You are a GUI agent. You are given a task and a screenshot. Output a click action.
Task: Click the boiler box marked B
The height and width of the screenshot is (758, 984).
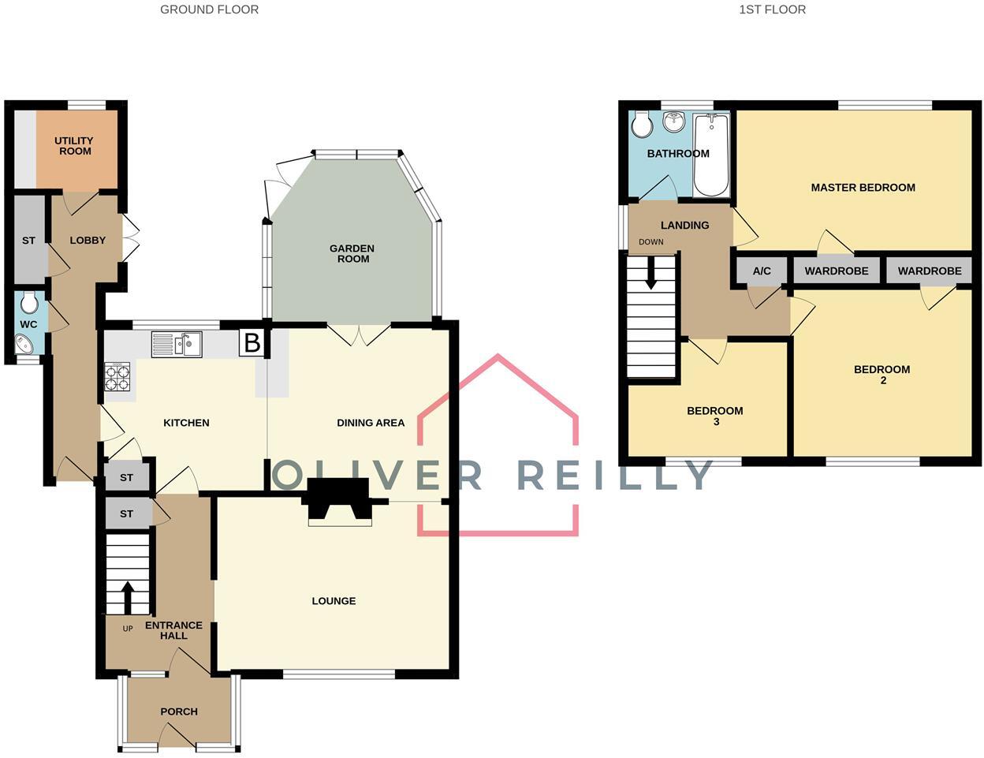[252, 342]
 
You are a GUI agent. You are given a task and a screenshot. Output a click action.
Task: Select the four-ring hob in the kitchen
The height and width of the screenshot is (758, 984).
[117, 376]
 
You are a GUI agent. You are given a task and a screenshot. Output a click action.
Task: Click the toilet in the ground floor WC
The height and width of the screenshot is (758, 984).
[30, 302]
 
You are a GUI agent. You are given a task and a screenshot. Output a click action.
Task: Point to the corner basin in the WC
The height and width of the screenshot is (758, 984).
[25, 344]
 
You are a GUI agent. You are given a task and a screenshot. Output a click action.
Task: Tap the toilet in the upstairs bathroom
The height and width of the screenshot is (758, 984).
[642, 124]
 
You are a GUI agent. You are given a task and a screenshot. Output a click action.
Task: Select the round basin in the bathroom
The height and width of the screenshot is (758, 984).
[674, 122]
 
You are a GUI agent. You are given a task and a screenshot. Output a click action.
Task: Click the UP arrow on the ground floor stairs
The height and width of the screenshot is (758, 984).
[127, 597]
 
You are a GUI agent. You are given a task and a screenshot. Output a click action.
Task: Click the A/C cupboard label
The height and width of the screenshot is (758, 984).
[762, 271]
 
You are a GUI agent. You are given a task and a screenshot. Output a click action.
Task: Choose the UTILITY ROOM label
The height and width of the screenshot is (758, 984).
[74, 146]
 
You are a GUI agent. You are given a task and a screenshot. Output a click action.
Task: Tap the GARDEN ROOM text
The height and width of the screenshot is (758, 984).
[352, 253]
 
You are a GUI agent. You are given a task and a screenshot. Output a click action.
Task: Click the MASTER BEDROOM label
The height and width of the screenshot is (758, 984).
[863, 188]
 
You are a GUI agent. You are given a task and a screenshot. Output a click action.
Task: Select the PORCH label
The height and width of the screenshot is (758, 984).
[179, 711]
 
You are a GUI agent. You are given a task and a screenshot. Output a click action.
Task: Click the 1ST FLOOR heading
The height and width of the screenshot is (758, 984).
[772, 10]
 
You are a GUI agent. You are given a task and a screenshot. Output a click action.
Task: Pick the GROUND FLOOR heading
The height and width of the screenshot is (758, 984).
[209, 10]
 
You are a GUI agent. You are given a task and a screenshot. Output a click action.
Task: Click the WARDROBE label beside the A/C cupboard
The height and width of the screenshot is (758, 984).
[836, 271]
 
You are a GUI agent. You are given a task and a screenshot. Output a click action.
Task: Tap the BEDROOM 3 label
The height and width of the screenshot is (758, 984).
[715, 416]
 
